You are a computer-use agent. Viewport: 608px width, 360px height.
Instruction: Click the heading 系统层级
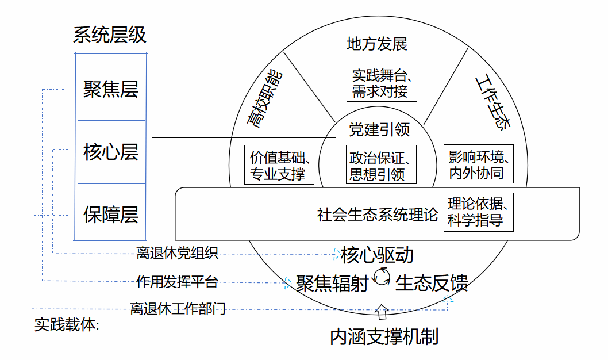[110, 35]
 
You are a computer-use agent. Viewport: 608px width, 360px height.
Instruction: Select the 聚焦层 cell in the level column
[110, 89]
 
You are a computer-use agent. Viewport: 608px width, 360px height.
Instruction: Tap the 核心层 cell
[110, 152]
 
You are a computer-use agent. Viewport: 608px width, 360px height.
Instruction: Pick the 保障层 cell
[110, 215]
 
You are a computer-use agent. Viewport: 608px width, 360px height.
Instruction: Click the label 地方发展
[377, 44]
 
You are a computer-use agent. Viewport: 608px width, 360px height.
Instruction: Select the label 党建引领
[379, 130]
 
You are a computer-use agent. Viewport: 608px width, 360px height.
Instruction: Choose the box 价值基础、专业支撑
[279, 165]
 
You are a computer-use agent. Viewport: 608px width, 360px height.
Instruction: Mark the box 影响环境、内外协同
[479, 164]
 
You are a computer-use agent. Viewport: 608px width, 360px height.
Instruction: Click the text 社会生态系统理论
[378, 215]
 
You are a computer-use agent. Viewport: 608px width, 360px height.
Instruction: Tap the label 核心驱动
[377, 255]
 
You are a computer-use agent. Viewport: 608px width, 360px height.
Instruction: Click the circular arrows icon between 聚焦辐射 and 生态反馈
[382, 277]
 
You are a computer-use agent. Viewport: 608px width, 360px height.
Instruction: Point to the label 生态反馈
[432, 283]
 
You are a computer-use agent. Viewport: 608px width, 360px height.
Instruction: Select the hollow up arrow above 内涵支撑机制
[382, 312]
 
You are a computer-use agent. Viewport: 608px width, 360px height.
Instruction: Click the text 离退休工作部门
[178, 309]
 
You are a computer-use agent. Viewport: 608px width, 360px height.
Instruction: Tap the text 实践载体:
[67, 325]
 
